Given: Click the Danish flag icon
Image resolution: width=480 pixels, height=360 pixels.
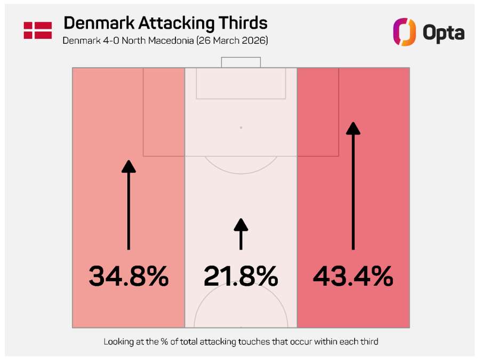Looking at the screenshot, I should pyautogui.click(x=37, y=30).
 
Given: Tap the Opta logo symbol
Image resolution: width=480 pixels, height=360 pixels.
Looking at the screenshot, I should pyautogui.click(x=404, y=33).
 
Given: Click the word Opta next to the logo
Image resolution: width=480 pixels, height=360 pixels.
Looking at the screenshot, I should pyautogui.click(x=443, y=33).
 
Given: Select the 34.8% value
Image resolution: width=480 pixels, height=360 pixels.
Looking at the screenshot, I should pyautogui.click(x=129, y=276).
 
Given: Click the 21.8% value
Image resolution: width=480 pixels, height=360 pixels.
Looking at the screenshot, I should pyautogui.click(x=241, y=276).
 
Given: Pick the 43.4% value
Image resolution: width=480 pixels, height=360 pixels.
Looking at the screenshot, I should pyautogui.click(x=353, y=276).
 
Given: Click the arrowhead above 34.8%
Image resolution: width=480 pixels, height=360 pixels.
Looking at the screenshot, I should pyautogui.click(x=129, y=166).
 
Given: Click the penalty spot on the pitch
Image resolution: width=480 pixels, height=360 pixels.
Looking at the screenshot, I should pyautogui.click(x=241, y=128).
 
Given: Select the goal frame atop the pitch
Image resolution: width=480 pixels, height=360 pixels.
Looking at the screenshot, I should pyautogui.click(x=241, y=61).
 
